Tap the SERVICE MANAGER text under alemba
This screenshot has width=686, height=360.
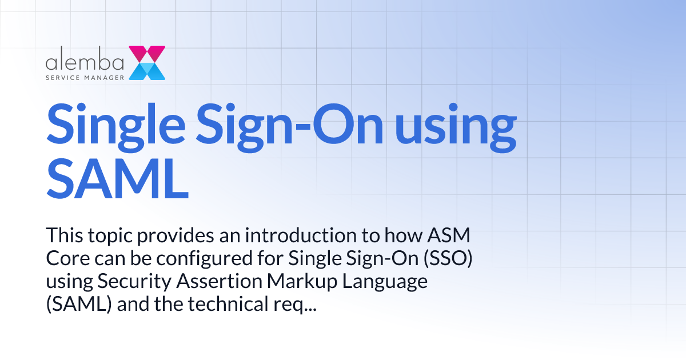coord(85,75)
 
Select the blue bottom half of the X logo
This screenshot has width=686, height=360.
coord(147,71)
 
